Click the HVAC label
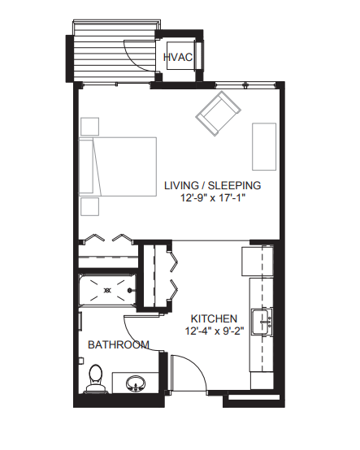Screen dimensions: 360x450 tap(178, 57)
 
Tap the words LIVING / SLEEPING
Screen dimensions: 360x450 tap(212, 185)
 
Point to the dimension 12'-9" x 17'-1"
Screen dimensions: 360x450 tap(213, 197)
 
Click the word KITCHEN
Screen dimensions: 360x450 tap(214, 318)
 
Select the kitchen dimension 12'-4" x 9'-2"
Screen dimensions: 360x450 tap(215, 331)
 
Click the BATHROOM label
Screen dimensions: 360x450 tap(119, 344)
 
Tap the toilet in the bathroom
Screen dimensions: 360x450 tap(96, 379)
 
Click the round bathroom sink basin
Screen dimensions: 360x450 tap(136, 383)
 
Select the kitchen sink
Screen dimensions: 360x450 tap(262, 322)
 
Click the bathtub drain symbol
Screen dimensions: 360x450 tap(107, 291)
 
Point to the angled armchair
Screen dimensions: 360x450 tap(218, 114)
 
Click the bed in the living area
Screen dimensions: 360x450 tap(118, 167)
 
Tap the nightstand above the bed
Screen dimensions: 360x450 tap(90, 126)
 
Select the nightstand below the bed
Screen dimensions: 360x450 tap(90, 206)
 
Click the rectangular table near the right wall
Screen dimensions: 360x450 tap(264, 147)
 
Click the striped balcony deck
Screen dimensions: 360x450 tap(115, 52)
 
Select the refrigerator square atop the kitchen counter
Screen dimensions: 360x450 tap(258, 261)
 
